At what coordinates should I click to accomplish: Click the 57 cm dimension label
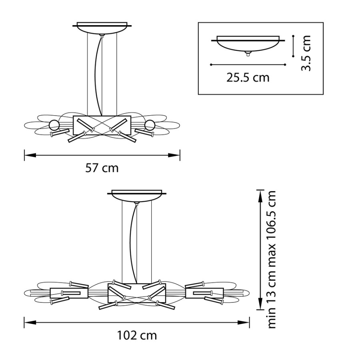(x=102, y=168)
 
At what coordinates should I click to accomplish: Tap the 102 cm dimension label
(x=137, y=336)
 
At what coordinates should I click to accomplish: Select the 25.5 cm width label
(x=248, y=78)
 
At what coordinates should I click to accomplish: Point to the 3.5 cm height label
(x=306, y=53)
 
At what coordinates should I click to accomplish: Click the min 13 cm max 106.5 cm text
(x=272, y=260)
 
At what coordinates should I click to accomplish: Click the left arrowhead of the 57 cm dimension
(x=30, y=156)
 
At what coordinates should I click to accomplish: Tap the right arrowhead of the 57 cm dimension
(x=174, y=156)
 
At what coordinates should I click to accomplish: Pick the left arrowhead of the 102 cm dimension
(x=30, y=322)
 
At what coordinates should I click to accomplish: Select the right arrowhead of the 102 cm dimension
(x=243, y=322)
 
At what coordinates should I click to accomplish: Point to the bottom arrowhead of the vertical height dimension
(x=260, y=304)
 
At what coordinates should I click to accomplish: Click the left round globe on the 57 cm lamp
(x=54, y=125)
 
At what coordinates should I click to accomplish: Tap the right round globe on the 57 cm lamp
(x=150, y=125)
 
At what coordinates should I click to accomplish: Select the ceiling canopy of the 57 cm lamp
(x=102, y=28)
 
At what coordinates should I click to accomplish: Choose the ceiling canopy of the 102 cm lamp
(x=137, y=196)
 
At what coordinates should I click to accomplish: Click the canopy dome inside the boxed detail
(x=248, y=46)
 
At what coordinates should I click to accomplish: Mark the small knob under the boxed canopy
(x=248, y=54)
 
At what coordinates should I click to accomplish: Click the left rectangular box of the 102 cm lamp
(x=69, y=293)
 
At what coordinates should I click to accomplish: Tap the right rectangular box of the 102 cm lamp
(x=204, y=293)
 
